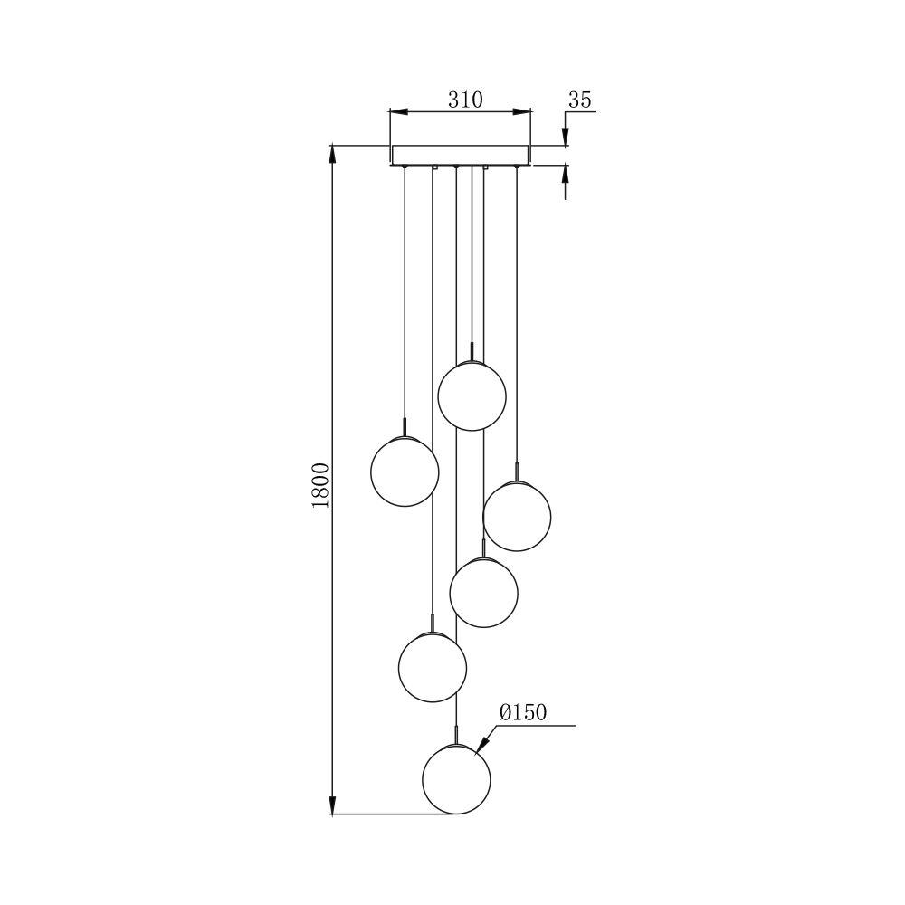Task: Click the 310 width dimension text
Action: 465,100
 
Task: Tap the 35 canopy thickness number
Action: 579,100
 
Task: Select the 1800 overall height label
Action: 321,484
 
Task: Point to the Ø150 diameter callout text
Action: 523,713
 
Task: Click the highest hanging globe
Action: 472,395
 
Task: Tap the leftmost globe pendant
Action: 405,472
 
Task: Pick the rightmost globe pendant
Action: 517,516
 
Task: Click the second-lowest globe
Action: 433,667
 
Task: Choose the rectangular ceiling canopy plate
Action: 461,155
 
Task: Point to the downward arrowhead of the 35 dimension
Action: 566,137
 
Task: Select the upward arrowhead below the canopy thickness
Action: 566,173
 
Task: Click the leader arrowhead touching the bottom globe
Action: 481,748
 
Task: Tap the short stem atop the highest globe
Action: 472,352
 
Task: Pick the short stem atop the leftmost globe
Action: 405,427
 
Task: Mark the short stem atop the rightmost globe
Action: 517,472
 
